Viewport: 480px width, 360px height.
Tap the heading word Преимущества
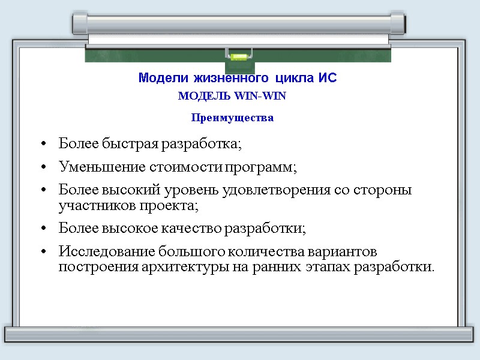(232, 118)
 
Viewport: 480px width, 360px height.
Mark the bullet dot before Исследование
(44, 251)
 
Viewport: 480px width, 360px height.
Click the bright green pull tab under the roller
(238, 58)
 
